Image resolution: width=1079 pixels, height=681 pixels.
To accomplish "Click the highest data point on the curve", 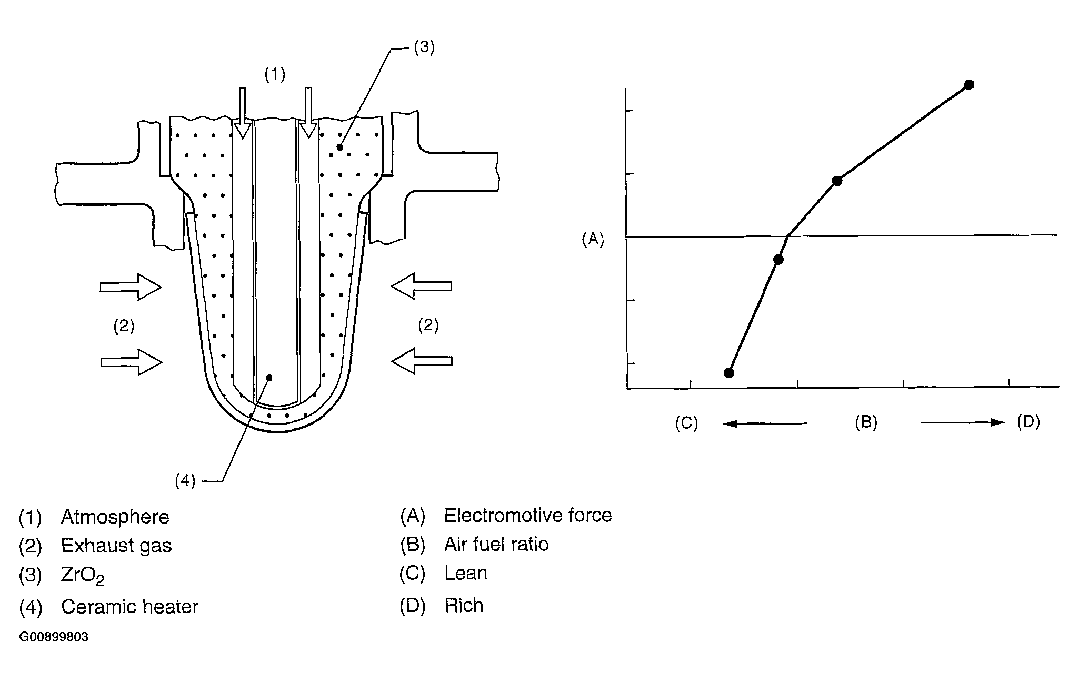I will pyautogui.click(x=969, y=85).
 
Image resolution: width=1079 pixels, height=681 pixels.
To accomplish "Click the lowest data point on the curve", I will pyautogui.click(x=729, y=373).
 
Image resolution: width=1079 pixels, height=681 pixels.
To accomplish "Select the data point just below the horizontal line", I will pyautogui.click(x=778, y=260).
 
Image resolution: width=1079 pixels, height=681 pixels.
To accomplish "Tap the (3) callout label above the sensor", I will pyautogui.click(x=424, y=47).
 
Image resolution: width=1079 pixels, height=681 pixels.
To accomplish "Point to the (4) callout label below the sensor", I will pyautogui.click(x=185, y=481).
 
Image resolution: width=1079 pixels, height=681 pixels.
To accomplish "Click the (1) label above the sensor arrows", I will pyautogui.click(x=275, y=75).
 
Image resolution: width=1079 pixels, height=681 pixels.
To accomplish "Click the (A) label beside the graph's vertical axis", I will pyautogui.click(x=593, y=240).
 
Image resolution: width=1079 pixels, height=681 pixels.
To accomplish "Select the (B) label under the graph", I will pyautogui.click(x=866, y=422).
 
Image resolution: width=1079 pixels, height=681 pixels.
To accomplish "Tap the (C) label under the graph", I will pyautogui.click(x=686, y=423).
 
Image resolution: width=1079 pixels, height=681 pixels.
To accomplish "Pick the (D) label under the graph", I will pyautogui.click(x=1028, y=422).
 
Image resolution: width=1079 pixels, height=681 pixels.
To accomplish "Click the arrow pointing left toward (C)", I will pyautogui.click(x=765, y=423).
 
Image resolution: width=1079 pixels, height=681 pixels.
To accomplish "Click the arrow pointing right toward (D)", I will pyautogui.click(x=963, y=422).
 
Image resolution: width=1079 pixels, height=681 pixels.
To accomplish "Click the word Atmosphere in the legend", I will pyautogui.click(x=115, y=517).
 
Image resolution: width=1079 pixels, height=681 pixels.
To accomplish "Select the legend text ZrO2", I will pyautogui.click(x=83, y=576).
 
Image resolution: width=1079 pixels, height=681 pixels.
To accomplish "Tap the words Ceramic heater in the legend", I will pyautogui.click(x=129, y=607).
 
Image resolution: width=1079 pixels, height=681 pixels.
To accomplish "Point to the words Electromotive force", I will pyautogui.click(x=528, y=515).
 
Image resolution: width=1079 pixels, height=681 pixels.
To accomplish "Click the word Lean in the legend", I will pyautogui.click(x=466, y=573).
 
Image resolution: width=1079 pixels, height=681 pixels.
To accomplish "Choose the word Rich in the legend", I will pyautogui.click(x=464, y=606).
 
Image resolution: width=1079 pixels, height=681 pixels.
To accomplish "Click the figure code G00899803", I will pyautogui.click(x=54, y=637).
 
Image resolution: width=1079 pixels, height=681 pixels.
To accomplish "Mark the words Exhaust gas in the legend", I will pyautogui.click(x=116, y=546).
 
